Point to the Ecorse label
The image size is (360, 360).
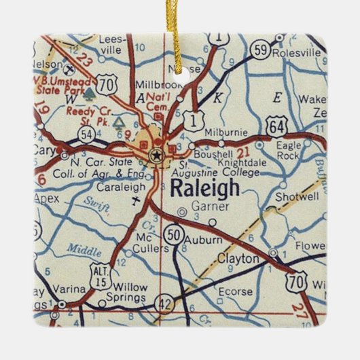tap(233, 293)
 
